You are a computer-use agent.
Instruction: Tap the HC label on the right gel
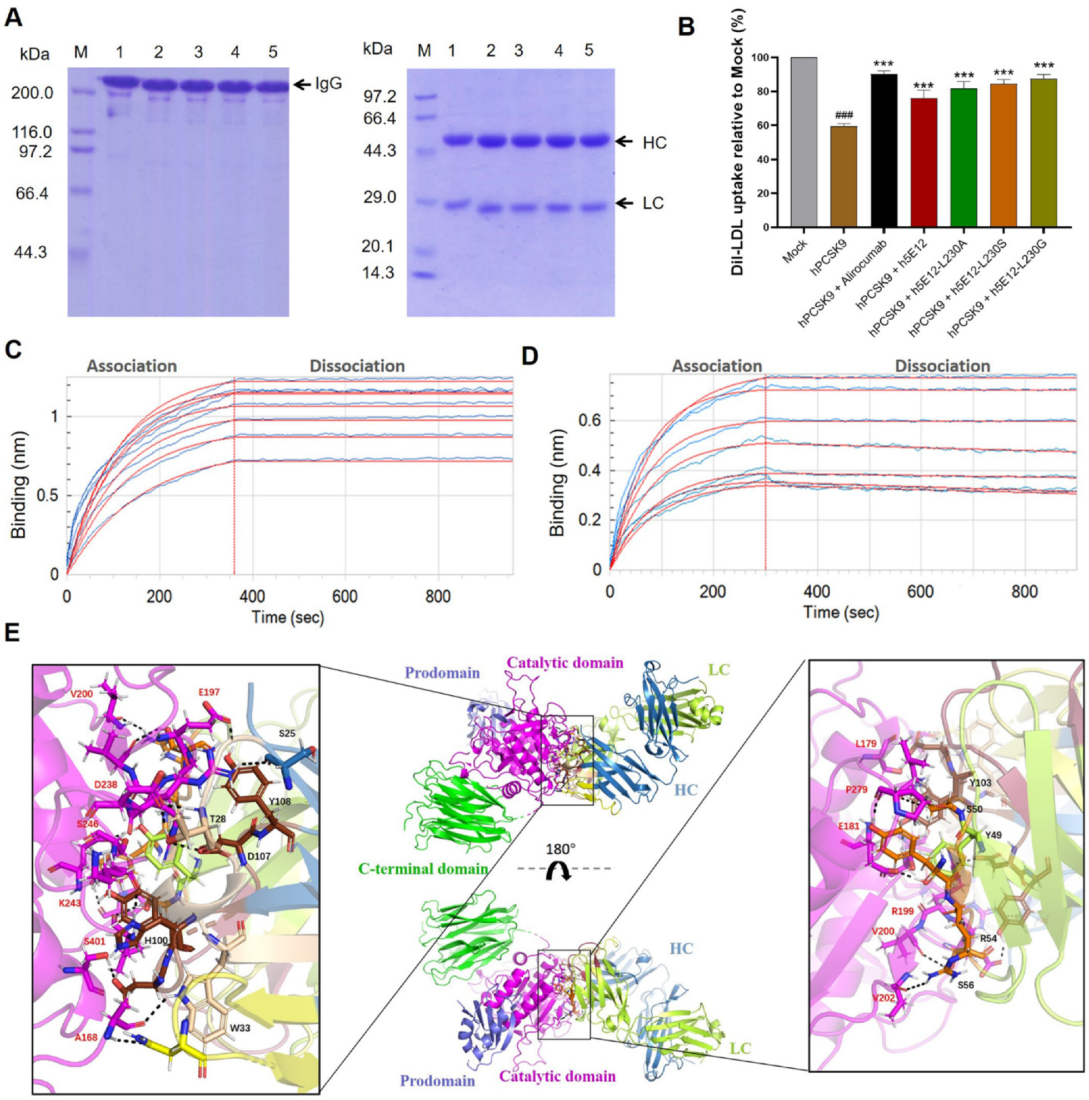point(654,143)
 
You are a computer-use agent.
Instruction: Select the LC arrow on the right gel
point(625,203)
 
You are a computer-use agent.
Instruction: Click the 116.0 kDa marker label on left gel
point(32,133)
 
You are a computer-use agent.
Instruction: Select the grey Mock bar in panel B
point(805,142)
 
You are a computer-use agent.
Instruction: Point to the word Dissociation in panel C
point(357,366)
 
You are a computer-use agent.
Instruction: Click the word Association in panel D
point(716,366)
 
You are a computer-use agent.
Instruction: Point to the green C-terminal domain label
point(422,869)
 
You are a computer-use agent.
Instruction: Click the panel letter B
point(686,27)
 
